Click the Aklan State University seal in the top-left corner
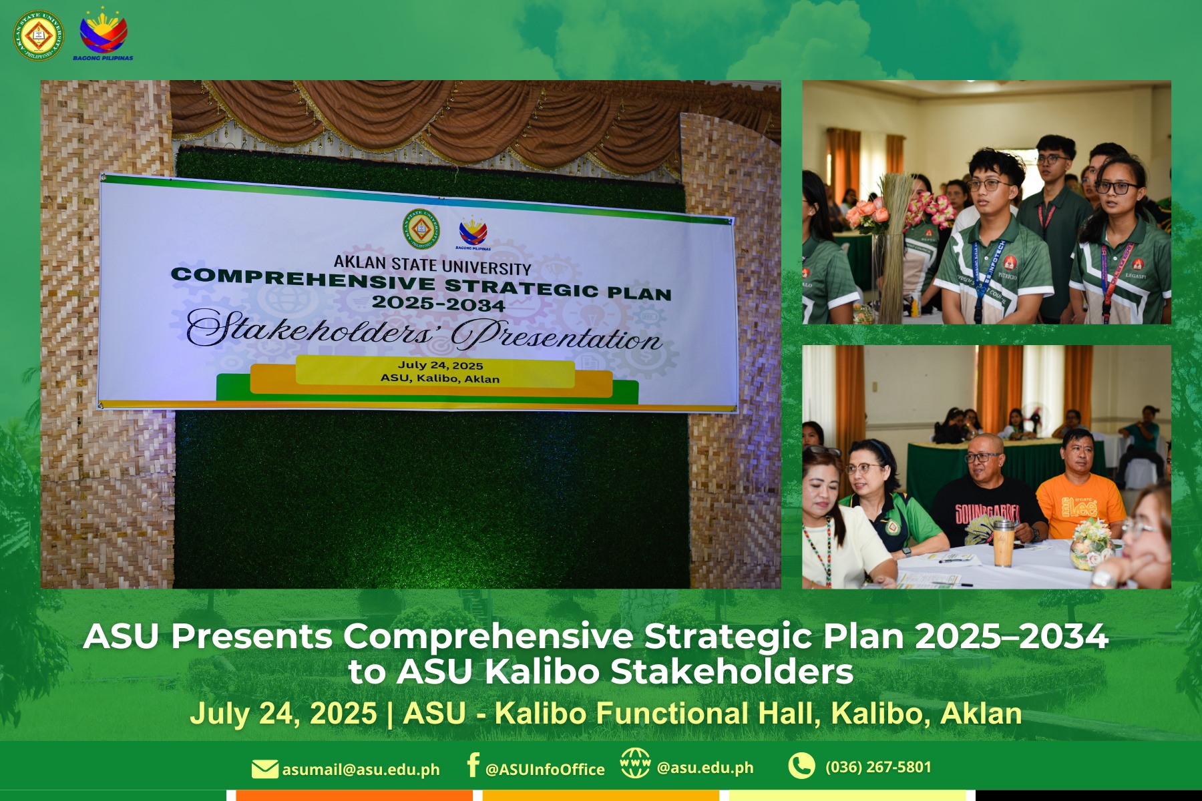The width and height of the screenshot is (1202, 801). coord(39,35)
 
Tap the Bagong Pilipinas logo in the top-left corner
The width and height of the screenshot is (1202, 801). coord(103,33)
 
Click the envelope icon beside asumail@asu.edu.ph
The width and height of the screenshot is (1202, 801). coord(264,769)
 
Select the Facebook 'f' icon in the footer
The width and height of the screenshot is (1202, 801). coord(473,765)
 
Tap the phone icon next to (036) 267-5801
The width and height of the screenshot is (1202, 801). coord(801,766)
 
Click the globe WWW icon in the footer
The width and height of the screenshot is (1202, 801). coord(634,763)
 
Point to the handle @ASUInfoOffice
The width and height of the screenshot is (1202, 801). coord(545,770)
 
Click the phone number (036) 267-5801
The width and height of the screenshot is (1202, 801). coord(878,767)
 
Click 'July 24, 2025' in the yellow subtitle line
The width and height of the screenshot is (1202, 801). coord(283,714)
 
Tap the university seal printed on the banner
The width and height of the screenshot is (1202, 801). coord(421,230)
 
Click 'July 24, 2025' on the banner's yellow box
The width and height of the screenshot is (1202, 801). coord(441,365)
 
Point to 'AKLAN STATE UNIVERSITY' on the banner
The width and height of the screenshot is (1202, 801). coord(432,265)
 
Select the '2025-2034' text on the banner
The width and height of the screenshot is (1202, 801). coord(438,304)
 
